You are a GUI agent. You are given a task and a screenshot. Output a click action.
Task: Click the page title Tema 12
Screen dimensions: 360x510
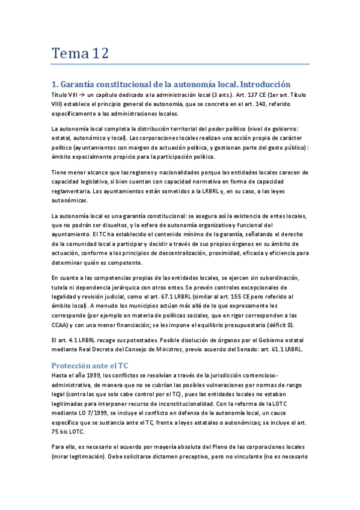[x=79, y=53]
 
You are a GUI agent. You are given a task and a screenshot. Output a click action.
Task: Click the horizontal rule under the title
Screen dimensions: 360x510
[x=180, y=64]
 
